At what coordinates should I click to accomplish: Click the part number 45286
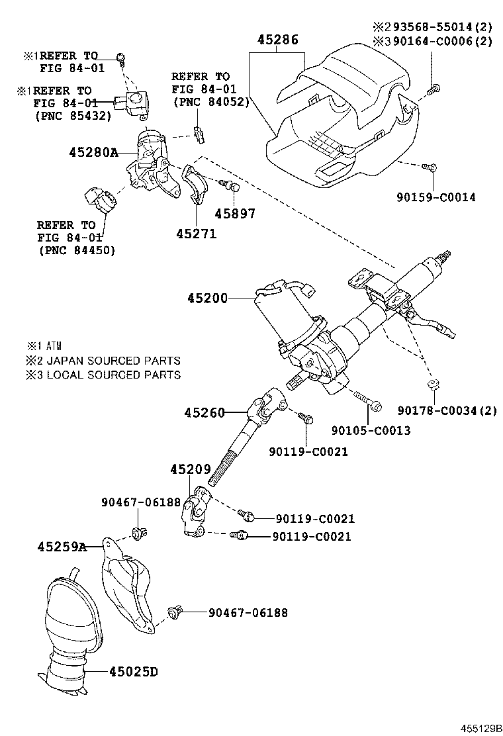pyautogui.click(x=277, y=40)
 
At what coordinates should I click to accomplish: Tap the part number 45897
pyautogui.click(x=235, y=214)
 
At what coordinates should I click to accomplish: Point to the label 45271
pyautogui.click(x=196, y=234)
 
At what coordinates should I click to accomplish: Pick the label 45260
pyautogui.click(x=205, y=413)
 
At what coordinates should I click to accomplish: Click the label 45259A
pyautogui.click(x=62, y=547)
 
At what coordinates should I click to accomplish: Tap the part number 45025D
pyautogui.click(x=132, y=672)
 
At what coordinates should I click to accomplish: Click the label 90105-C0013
pyautogui.click(x=371, y=431)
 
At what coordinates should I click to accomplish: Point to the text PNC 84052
pyautogui.click(x=210, y=101)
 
